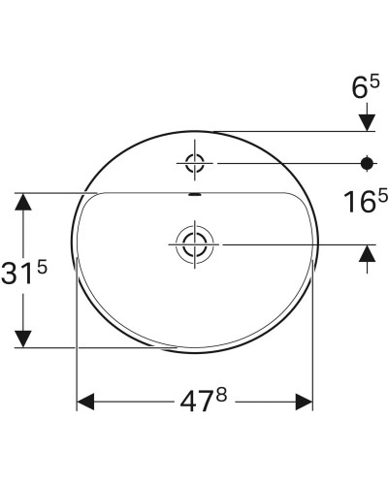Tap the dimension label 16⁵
pyautogui.click(x=365, y=202)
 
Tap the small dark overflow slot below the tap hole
pyautogui.click(x=195, y=195)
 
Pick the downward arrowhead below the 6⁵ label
pyautogui.click(x=368, y=119)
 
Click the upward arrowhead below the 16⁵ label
pyautogui.click(x=368, y=254)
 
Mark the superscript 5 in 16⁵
pyautogui.click(x=381, y=195)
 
